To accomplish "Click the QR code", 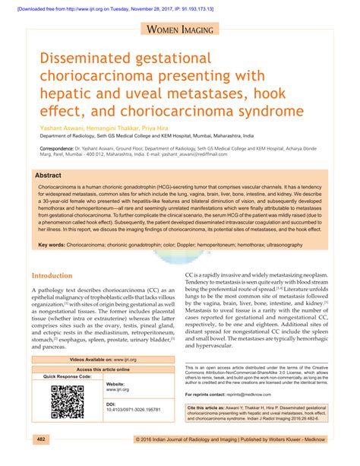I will coord(67,402).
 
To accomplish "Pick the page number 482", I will coord(43,439).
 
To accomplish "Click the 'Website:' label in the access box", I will coord(115,385).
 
